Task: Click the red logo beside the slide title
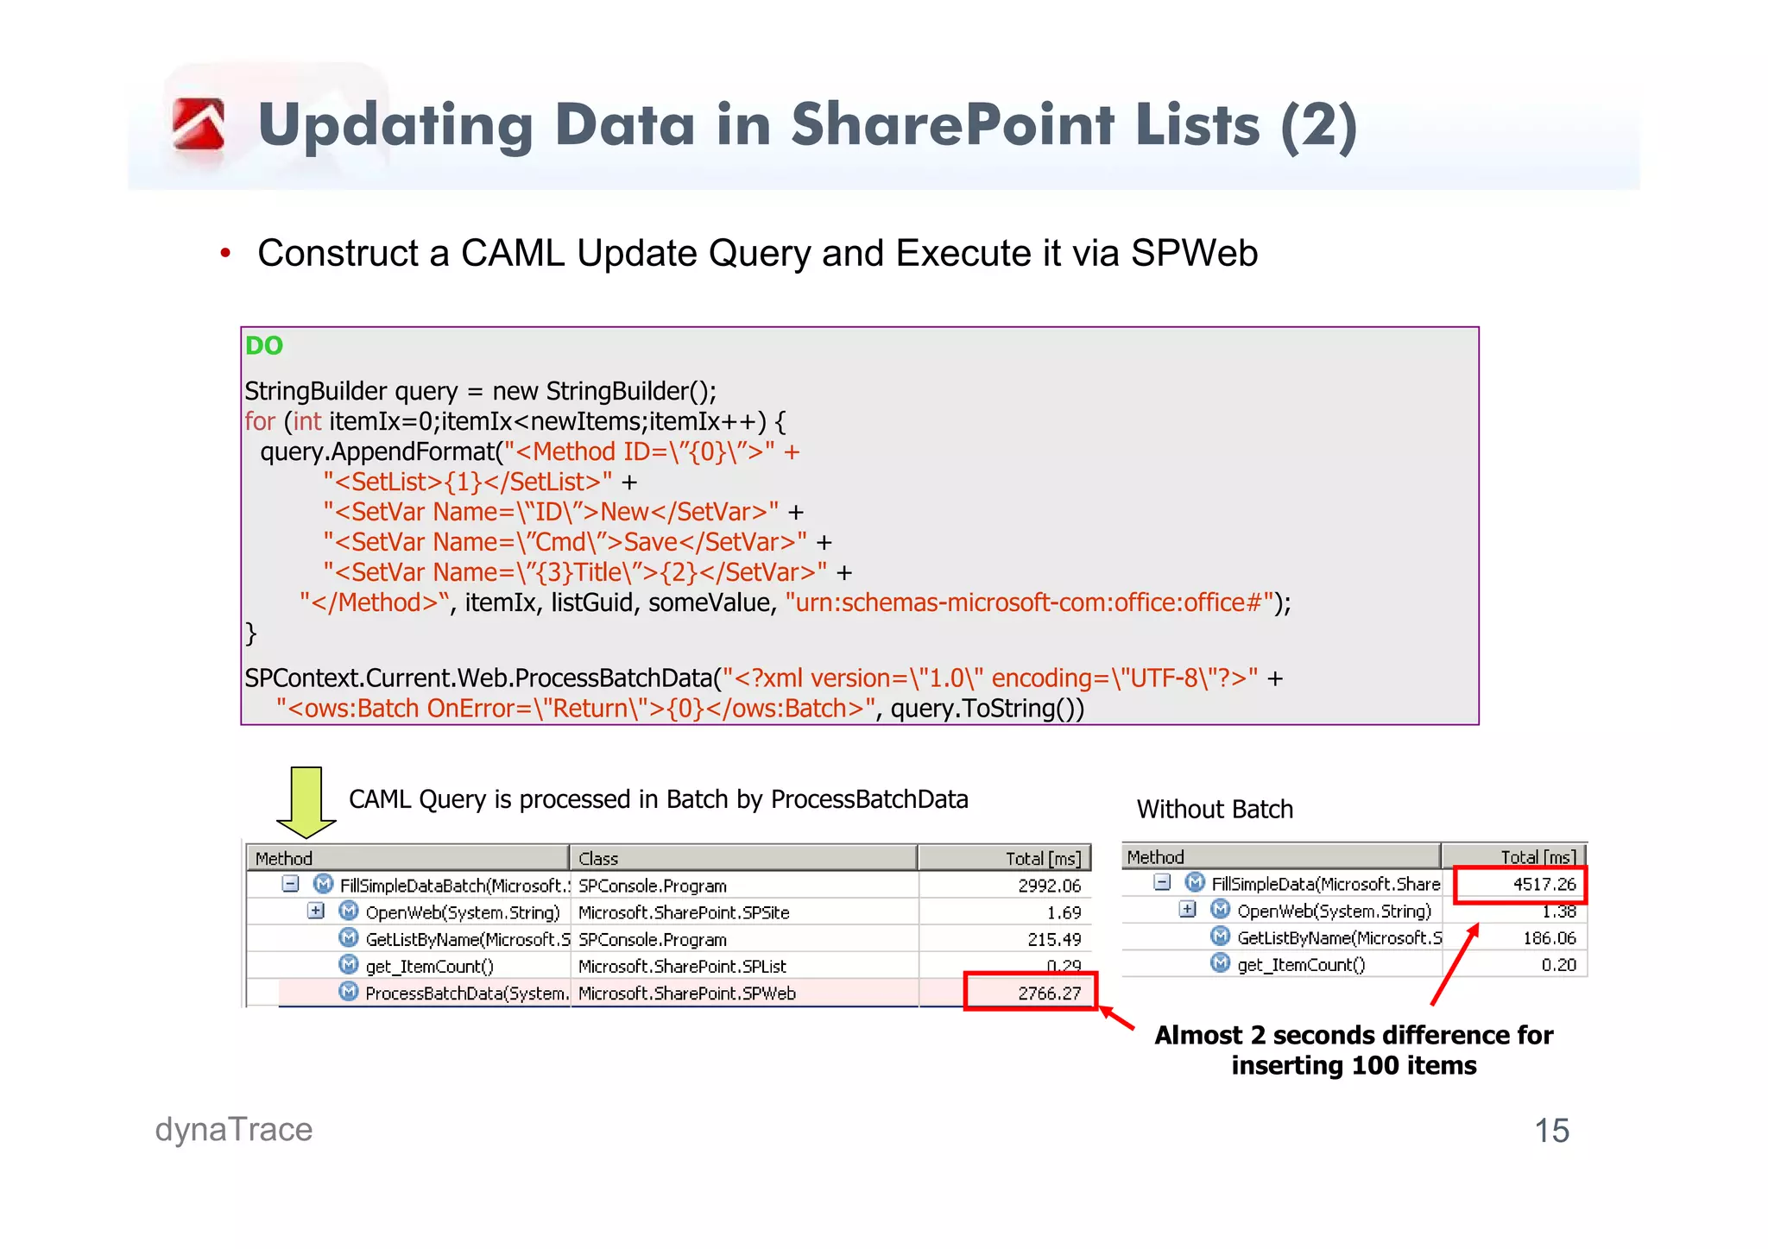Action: pos(199,124)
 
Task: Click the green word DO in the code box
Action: pos(264,345)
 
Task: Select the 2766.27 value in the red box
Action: pos(1049,993)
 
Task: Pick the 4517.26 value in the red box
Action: pos(1544,884)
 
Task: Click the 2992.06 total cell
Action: pos(1049,886)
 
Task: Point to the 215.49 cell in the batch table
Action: pos(1054,939)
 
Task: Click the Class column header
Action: pos(598,858)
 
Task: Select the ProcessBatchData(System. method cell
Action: pos(466,993)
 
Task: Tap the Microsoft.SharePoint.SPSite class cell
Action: pos(684,912)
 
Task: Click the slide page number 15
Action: pos(1551,1131)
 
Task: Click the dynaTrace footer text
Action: pos(234,1129)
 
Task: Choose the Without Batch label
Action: pos(1215,809)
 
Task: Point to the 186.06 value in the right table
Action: pos(1550,937)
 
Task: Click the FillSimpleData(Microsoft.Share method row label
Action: pos(1325,884)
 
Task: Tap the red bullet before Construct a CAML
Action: pos(225,254)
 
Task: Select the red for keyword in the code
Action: pos(259,421)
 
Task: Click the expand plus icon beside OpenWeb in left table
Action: pos(316,911)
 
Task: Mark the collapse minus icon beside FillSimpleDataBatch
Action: pos(291,884)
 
